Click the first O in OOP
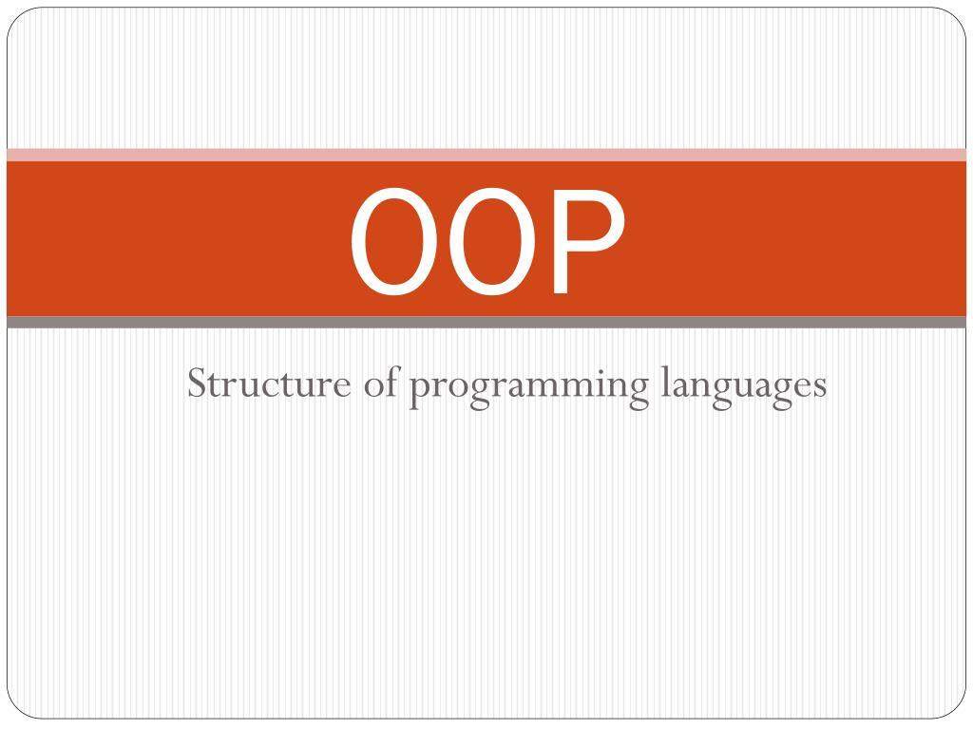[393, 241]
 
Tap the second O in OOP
[492, 241]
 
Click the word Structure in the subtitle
[269, 383]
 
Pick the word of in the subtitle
[380, 382]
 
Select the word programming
[528, 387]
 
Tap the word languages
[743, 386]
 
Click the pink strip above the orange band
[486, 155]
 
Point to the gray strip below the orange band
[486, 322]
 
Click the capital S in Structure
[197, 383]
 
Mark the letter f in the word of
[391, 382]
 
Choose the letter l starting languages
[665, 382]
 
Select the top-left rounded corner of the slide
[13, 14]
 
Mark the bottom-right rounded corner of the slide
[960, 712]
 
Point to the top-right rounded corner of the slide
[960, 14]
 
